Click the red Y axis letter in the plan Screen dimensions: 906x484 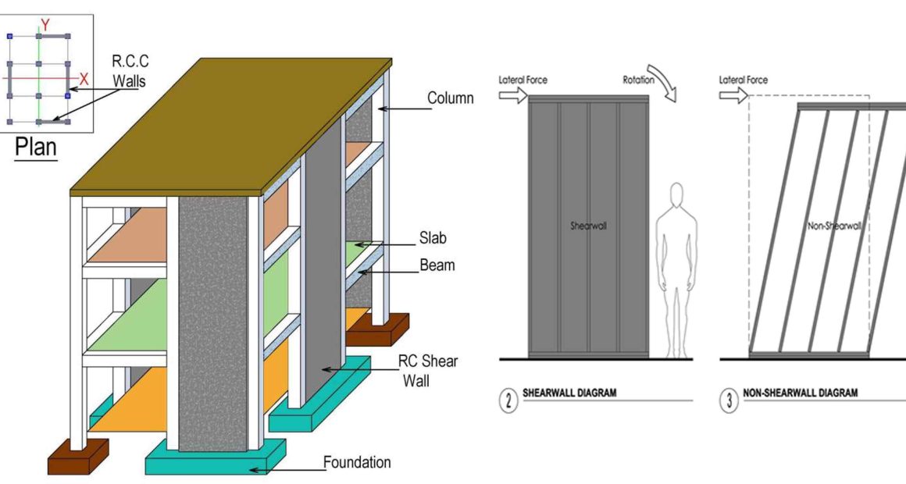coord(45,25)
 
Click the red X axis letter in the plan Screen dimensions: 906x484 coord(84,79)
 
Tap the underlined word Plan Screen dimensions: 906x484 coord(36,147)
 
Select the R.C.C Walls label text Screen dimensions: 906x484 coord(130,70)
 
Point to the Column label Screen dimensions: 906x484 coord(450,98)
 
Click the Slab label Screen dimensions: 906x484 coord(433,237)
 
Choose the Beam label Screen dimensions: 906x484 coord(437,265)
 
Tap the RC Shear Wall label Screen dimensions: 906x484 coord(427,371)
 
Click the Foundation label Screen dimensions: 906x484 coord(356,462)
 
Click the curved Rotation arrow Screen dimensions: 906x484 coord(663,82)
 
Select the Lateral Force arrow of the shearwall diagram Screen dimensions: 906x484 coord(513,94)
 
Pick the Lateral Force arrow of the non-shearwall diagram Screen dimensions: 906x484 coord(733,94)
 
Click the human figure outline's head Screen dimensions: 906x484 coord(676,194)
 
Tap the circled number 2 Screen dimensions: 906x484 coord(508,400)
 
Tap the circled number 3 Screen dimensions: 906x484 coord(729,400)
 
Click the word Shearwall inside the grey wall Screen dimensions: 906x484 coord(588,226)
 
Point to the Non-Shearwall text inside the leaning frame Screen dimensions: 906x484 coord(834,226)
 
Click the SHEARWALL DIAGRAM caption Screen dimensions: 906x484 coord(569,393)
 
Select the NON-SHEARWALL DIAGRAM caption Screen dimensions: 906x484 coord(801,393)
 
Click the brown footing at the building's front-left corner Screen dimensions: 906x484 coord(77,456)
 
